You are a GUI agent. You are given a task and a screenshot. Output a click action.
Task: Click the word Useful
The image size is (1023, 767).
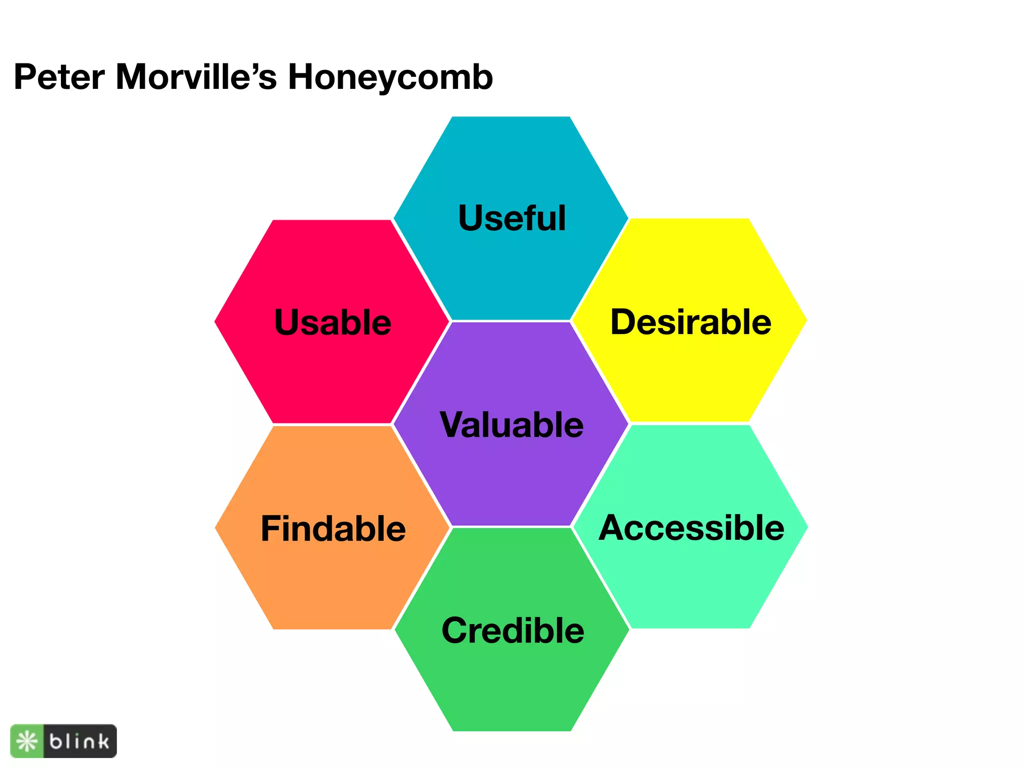point(512,218)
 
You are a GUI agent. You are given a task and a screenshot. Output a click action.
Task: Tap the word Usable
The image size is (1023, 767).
point(333,322)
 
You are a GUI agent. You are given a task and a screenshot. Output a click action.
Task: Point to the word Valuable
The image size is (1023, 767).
point(511,425)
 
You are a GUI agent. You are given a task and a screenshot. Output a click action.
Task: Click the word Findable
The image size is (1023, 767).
point(333,529)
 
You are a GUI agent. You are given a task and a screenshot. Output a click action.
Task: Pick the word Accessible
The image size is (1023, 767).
point(691,528)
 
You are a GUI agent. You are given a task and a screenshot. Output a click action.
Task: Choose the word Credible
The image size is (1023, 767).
point(512,631)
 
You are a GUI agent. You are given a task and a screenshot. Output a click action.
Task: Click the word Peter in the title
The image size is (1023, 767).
point(59,77)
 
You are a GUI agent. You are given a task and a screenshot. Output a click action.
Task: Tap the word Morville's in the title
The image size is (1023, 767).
point(196,77)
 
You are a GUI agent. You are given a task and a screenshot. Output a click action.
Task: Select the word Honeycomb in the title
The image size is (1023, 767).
point(390,78)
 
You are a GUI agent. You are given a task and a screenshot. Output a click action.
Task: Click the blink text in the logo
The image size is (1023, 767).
point(79,742)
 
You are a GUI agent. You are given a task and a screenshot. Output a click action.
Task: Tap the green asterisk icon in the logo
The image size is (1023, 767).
point(27,742)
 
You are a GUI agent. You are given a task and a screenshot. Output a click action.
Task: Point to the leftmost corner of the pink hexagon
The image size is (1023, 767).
point(215,322)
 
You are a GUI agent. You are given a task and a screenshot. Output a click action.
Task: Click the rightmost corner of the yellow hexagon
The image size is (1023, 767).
point(807,320)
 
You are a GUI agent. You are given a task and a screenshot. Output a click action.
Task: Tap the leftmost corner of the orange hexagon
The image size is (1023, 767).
point(215,528)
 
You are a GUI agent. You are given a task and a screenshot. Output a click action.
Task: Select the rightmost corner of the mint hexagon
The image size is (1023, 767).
point(807,527)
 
